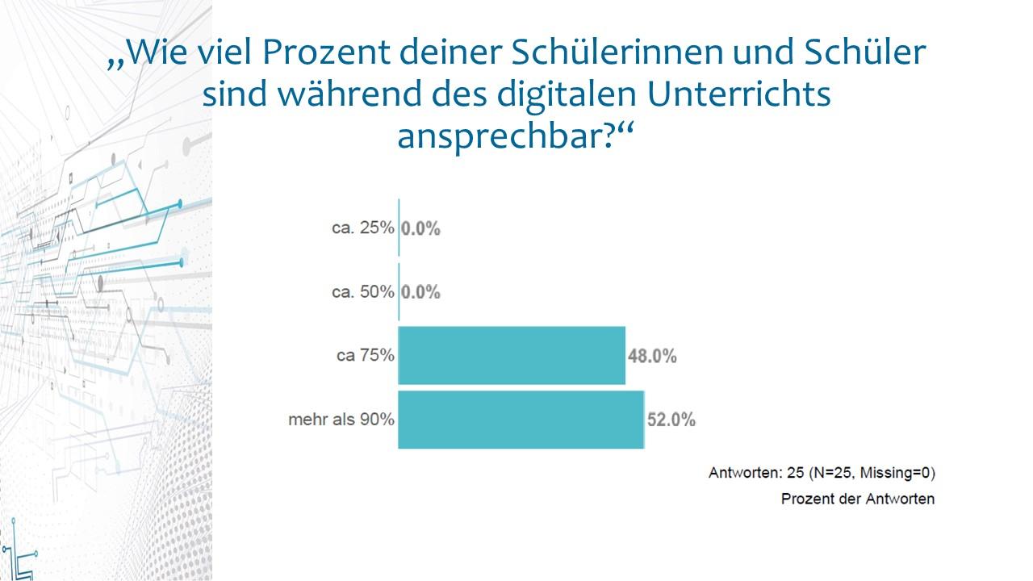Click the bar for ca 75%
pos(512,355)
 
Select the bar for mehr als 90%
pos(521,420)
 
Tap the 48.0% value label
pos(652,356)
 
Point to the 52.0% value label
pos(671,420)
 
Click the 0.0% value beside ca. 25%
pos(421,228)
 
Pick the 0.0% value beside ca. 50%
pos(421,292)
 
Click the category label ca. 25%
pos(363,228)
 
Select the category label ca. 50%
pos(363,292)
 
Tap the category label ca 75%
pos(366,356)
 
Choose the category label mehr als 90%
pos(341,420)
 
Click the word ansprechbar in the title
pos(500,137)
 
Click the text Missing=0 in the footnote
pos(897,472)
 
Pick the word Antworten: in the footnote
pos(741,472)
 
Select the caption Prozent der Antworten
pos(857,499)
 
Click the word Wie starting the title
pos(151,53)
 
